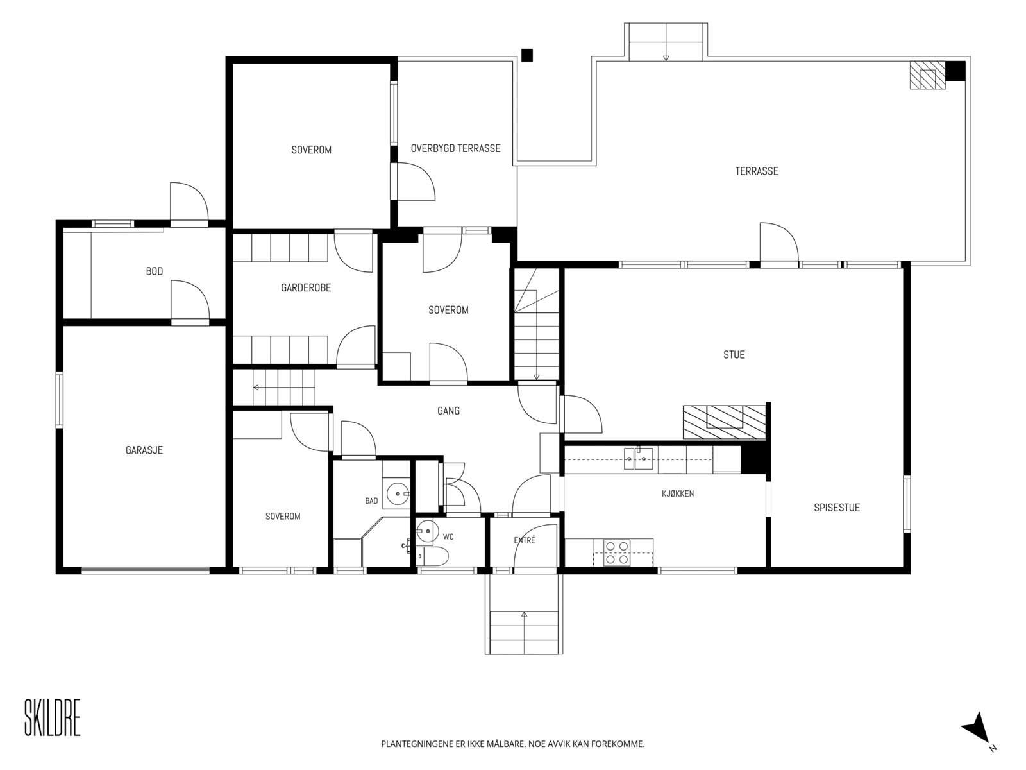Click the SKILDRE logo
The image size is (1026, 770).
[x=53, y=717]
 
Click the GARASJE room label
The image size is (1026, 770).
[x=144, y=450]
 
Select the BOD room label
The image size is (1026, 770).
[x=155, y=271]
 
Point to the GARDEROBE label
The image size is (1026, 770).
[x=306, y=287]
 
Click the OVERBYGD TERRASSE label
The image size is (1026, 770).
[x=456, y=148]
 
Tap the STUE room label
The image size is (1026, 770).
[x=734, y=355]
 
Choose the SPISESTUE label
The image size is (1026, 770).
[x=837, y=508]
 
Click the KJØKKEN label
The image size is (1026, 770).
[x=678, y=493]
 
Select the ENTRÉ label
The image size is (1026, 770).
[x=525, y=540]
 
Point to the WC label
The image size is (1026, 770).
[x=448, y=536]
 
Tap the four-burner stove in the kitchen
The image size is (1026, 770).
[x=616, y=552]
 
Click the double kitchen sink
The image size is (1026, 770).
[x=639, y=459]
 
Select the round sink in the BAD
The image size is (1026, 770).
[x=398, y=493]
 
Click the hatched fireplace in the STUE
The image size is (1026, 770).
[x=725, y=422]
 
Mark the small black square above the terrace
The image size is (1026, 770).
[x=527, y=55]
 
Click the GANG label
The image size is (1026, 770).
[x=448, y=411]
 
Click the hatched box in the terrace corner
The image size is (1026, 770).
[x=927, y=75]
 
